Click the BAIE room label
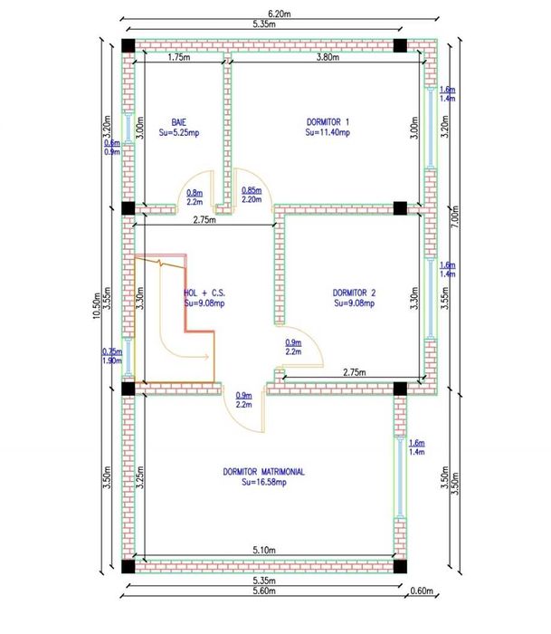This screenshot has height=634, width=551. pyautogui.click(x=179, y=122)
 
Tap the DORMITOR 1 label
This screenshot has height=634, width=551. pyautogui.click(x=328, y=121)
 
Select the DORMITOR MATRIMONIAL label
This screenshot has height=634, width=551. pyautogui.click(x=264, y=472)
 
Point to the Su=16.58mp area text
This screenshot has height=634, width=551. pyautogui.click(x=264, y=482)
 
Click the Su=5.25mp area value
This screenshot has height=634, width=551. pyautogui.click(x=179, y=132)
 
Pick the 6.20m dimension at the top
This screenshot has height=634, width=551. pyautogui.click(x=280, y=14)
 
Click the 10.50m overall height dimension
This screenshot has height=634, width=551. pyautogui.click(x=97, y=306)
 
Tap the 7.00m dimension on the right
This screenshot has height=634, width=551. pyautogui.click(x=455, y=216)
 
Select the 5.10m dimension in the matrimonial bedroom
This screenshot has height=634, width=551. pyautogui.click(x=264, y=550)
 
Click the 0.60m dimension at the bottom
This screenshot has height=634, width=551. pyautogui.click(x=422, y=591)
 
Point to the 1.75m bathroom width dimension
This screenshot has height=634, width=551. pyautogui.click(x=179, y=57)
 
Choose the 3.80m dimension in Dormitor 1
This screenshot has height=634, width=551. pyautogui.click(x=328, y=57)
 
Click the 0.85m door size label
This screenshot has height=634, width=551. pyautogui.click(x=252, y=190)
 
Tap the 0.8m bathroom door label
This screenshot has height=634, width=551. pyautogui.click(x=195, y=193)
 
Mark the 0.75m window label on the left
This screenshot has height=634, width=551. pyautogui.click(x=112, y=351)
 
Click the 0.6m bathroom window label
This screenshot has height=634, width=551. pyautogui.click(x=112, y=143)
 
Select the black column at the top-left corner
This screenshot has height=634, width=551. pyautogui.click(x=128, y=45)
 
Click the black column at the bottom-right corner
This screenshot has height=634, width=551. pyautogui.click(x=400, y=566)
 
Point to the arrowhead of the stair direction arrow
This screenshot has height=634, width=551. pyautogui.click(x=207, y=357)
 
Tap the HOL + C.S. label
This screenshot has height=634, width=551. pyautogui.click(x=204, y=293)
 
